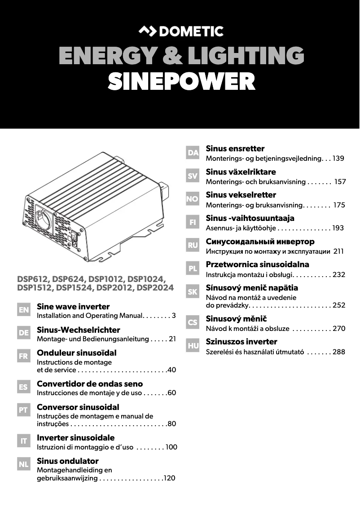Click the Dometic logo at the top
[x=180, y=31]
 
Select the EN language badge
[x=24, y=310]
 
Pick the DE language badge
[x=24, y=333]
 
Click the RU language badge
[x=193, y=245]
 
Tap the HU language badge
[x=193, y=346]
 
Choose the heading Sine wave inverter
[x=73, y=307]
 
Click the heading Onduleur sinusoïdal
[x=76, y=353]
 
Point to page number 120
[x=169, y=479]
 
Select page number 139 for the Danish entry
[x=338, y=159]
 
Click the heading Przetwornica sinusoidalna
[x=257, y=264]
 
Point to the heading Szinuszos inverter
[x=241, y=342]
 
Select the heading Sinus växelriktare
[x=241, y=172]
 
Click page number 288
[x=339, y=352]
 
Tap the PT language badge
[x=24, y=410]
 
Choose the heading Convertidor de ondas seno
[x=90, y=384]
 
